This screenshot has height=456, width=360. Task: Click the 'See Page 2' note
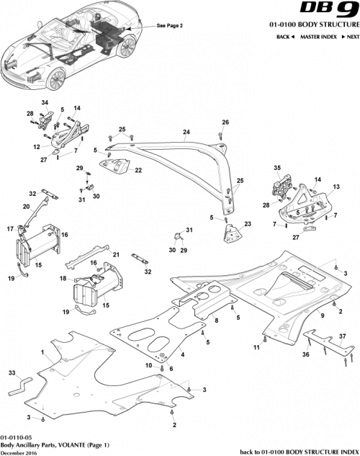point(170,25)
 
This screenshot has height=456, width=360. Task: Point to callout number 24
point(186,132)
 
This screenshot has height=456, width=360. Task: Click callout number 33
point(12,372)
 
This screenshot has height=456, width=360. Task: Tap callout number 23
point(248,224)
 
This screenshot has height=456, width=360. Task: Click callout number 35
point(277,168)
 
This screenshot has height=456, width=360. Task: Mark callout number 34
point(44,102)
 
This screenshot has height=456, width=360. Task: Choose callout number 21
point(115,255)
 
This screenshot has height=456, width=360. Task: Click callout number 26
point(225,122)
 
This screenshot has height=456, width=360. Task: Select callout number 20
point(26,206)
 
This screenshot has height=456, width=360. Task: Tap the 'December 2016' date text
point(19,452)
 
